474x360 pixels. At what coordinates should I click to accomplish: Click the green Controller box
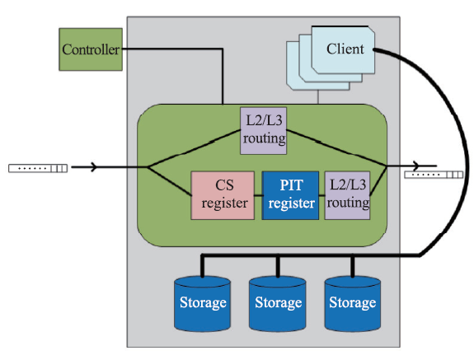point(91,49)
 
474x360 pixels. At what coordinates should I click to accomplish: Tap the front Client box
point(343,49)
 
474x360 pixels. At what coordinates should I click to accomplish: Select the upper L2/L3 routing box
point(263,131)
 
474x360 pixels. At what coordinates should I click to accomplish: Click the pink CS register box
point(223,195)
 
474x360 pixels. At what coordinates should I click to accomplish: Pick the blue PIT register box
point(290,195)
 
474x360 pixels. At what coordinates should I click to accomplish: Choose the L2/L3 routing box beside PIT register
point(347,195)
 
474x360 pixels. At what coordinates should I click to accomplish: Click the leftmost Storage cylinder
point(203,303)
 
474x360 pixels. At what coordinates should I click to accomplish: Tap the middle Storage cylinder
point(278,303)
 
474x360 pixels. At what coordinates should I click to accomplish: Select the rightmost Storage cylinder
point(353,303)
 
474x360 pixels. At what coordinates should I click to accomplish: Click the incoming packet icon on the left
point(38,168)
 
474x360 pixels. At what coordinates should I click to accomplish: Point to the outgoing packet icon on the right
point(434,175)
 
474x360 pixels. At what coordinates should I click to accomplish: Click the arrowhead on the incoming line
point(94,167)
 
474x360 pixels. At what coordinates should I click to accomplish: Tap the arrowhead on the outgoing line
point(416,166)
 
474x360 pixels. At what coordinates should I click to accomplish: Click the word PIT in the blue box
point(291,185)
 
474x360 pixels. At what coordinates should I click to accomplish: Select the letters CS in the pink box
point(224,185)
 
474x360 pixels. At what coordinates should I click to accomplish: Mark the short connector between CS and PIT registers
point(258,196)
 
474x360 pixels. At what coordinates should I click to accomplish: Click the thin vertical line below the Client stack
point(318,97)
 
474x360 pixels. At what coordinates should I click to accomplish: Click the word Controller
point(91,49)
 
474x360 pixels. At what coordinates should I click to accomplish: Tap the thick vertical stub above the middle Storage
point(278,266)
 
